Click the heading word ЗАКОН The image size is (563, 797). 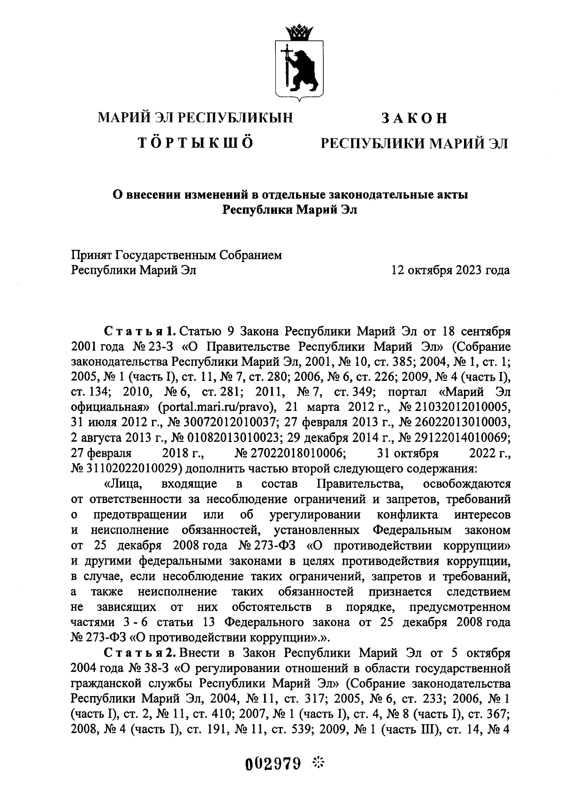pyautogui.click(x=414, y=118)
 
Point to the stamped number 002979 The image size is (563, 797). pyautogui.click(x=273, y=764)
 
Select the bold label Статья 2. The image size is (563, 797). pyautogui.click(x=140, y=653)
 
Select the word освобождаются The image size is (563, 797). pyautogui.click(x=467, y=484)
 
